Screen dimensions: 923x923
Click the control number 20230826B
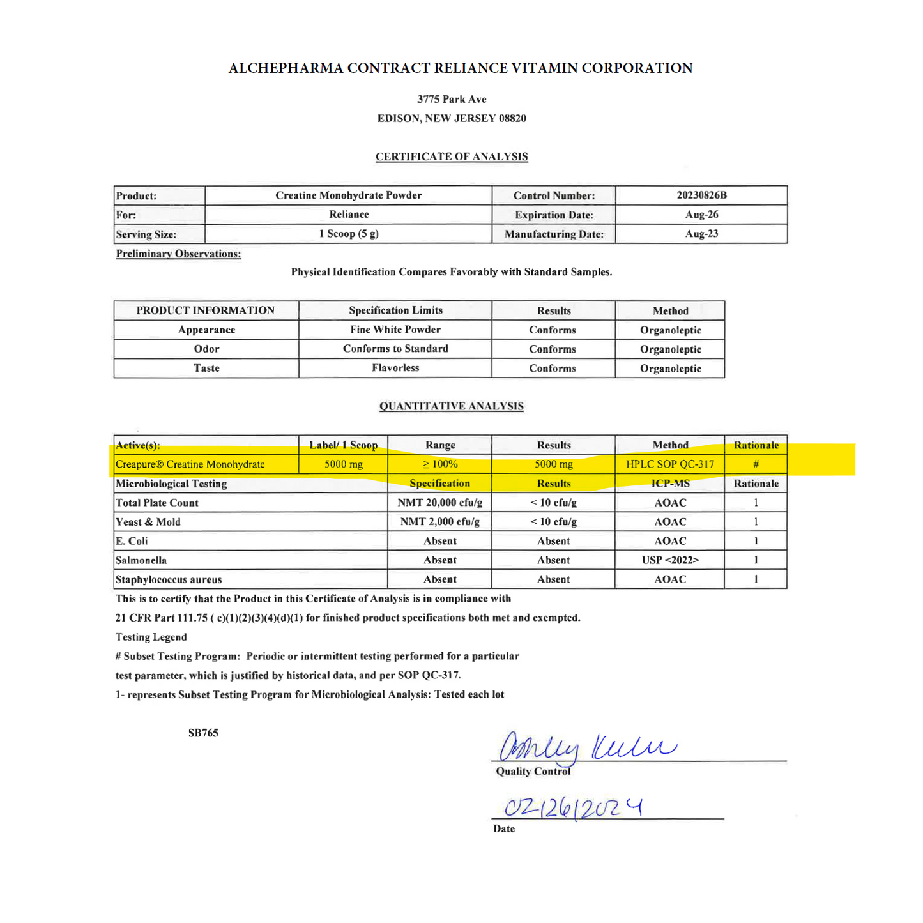point(701,195)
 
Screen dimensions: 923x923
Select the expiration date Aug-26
point(701,215)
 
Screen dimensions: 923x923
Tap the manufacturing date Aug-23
point(701,234)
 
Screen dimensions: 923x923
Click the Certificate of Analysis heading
point(452,156)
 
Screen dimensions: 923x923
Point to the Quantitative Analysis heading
point(452,406)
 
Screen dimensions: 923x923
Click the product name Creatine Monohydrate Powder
point(349,195)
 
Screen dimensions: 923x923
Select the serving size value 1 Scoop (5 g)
point(349,234)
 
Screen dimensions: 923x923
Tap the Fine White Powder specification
point(395,330)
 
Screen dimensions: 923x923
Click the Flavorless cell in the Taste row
point(395,368)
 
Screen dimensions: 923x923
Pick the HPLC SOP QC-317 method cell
point(670,464)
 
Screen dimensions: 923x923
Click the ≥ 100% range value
point(440,464)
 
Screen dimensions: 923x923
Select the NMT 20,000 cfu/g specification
point(440,503)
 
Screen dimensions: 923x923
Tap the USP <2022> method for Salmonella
point(670,560)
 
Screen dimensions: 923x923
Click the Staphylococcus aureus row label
point(169,580)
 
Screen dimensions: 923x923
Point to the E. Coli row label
point(132,541)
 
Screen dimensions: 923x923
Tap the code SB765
point(203,733)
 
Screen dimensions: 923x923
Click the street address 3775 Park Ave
point(452,100)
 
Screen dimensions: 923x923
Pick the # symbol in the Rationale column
point(756,464)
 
